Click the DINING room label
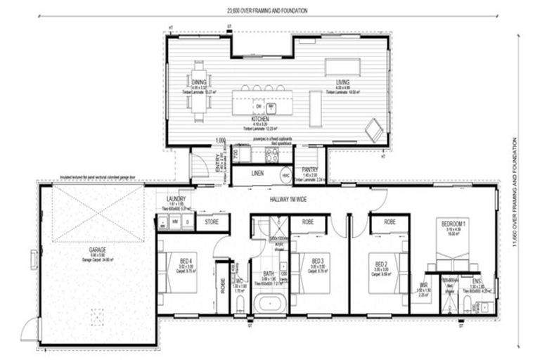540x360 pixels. [198, 82]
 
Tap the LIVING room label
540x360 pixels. [343, 82]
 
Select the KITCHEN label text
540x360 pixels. [259, 120]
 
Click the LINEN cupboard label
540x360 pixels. [257, 172]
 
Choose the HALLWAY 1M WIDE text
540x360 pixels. [290, 199]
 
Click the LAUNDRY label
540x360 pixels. [176, 200]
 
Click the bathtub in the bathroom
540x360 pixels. [268, 304]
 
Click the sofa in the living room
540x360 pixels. [343, 67]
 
